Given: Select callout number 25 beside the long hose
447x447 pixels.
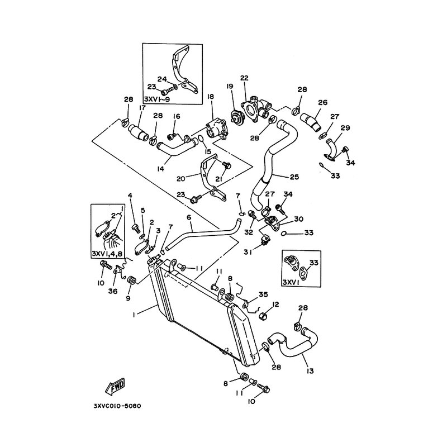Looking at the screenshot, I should pyautogui.click(x=294, y=177).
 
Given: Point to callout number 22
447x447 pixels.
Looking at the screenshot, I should pyautogui.click(x=244, y=78).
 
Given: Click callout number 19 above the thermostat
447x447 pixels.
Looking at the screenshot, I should pyautogui.click(x=230, y=86).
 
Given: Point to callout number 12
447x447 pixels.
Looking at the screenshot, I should pyautogui.click(x=276, y=304).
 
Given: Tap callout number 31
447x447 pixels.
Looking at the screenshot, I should pyautogui.click(x=248, y=252).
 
